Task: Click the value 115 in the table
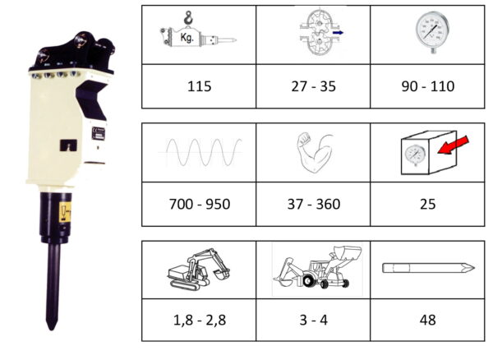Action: pos(199,86)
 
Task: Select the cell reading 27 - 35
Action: pos(314,86)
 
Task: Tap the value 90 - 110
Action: pos(428,86)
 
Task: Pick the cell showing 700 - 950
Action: pos(200,204)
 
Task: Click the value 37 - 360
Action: pos(314,204)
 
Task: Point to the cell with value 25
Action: pos(427,204)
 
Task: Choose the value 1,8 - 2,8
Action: pos(200,320)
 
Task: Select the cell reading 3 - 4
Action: pos(314,320)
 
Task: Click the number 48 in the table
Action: pos(427,320)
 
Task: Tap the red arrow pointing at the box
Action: pos(454,145)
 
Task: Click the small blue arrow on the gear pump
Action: pos(338,32)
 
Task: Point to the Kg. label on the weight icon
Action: pos(187,38)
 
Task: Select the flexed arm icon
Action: pos(315,153)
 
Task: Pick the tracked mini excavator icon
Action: pos(199,269)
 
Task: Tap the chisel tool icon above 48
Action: pos(428,268)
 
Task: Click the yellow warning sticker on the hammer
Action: pos(65,212)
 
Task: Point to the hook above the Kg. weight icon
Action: pos(188,17)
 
